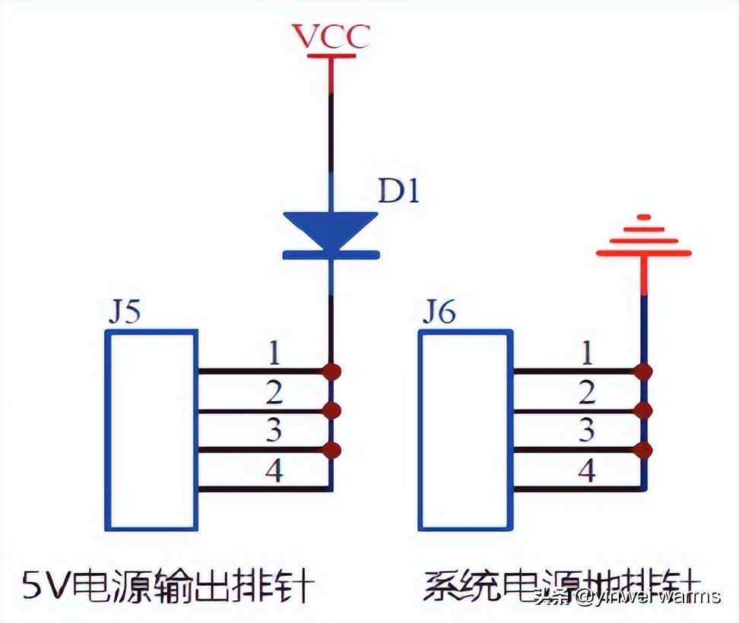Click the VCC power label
click(x=331, y=36)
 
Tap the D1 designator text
click(x=398, y=192)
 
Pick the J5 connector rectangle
click(x=151, y=430)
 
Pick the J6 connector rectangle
click(x=466, y=430)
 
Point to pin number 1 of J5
click(x=274, y=353)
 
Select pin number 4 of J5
click(x=274, y=472)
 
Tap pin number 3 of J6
click(x=586, y=432)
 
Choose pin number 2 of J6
click(x=586, y=393)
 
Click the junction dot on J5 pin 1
click(x=331, y=372)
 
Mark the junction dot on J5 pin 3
click(x=331, y=451)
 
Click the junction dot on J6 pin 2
click(x=644, y=411)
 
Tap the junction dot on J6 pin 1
click(x=644, y=372)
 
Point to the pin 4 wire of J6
click(x=578, y=489)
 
